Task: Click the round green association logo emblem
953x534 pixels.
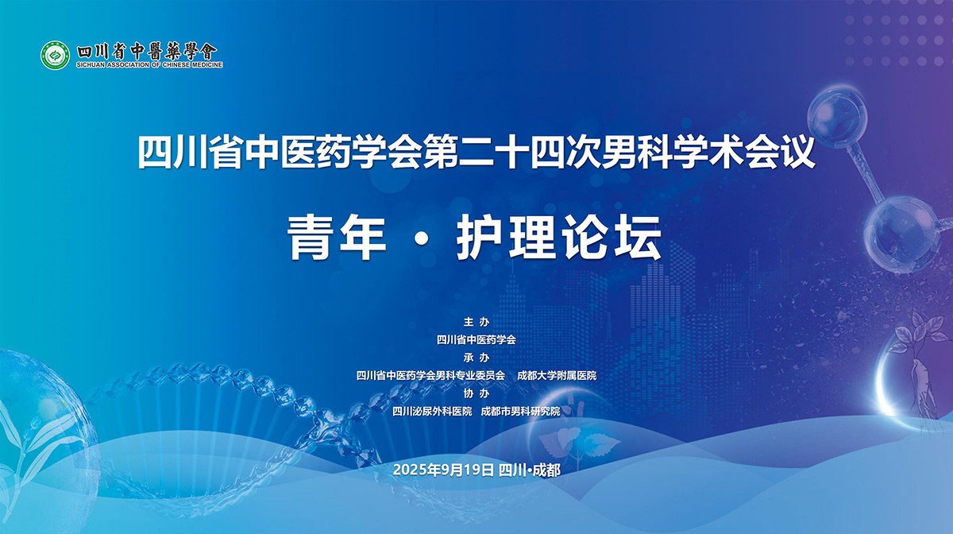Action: point(56,56)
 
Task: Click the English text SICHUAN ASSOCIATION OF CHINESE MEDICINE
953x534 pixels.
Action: point(149,64)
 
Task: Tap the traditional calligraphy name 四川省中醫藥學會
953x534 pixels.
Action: point(147,52)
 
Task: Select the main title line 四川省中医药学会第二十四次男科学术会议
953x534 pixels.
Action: point(476,152)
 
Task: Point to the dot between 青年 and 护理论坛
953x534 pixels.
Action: point(421,239)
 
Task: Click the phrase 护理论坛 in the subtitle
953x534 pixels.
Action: point(559,237)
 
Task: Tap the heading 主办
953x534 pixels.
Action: point(476,322)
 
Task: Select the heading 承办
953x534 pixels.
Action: point(476,358)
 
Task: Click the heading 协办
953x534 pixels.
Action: point(476,393)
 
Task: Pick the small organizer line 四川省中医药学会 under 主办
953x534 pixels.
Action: point(476,340)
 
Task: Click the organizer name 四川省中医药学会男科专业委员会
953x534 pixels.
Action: point(430,376)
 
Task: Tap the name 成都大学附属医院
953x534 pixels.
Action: point(557,376)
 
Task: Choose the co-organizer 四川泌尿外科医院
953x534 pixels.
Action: point(432,412)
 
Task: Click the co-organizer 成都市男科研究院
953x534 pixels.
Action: point(521,412)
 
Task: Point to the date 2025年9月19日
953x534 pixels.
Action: point(443,470)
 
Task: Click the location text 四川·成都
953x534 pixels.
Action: point(530,470)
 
